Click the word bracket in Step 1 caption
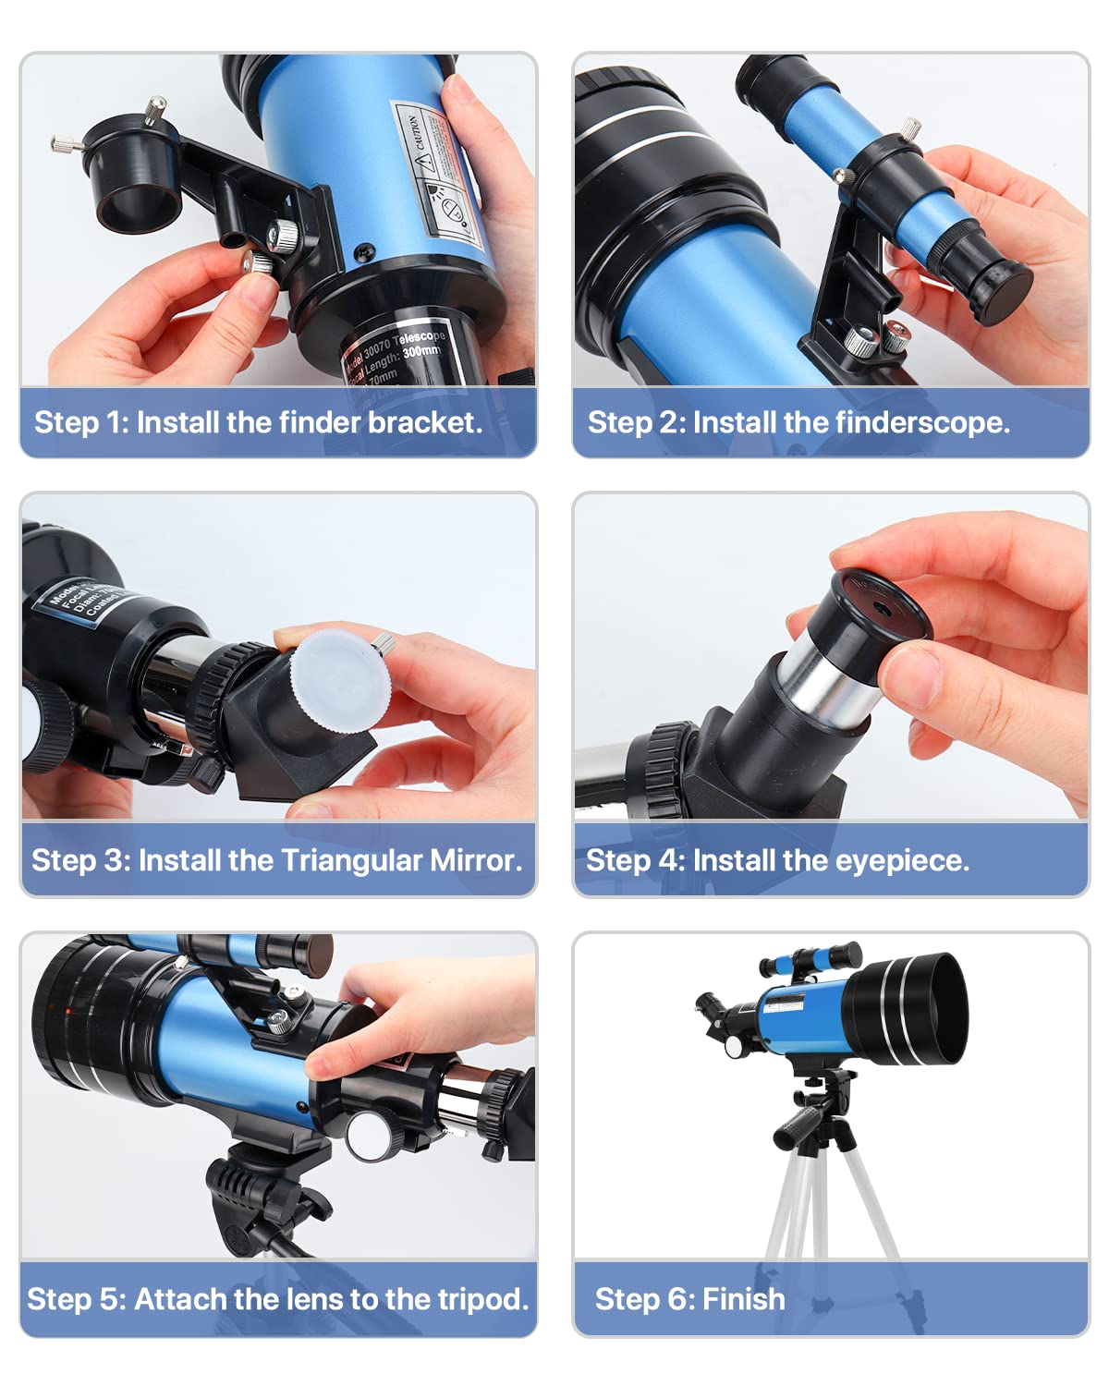tap(424, 422)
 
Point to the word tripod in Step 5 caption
tap(482, 1299)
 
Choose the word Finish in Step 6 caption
tap(743, 1299)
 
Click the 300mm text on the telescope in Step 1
tap(422, 351)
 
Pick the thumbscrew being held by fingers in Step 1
tap(262, 264)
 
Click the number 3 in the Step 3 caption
tap(114, 860)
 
